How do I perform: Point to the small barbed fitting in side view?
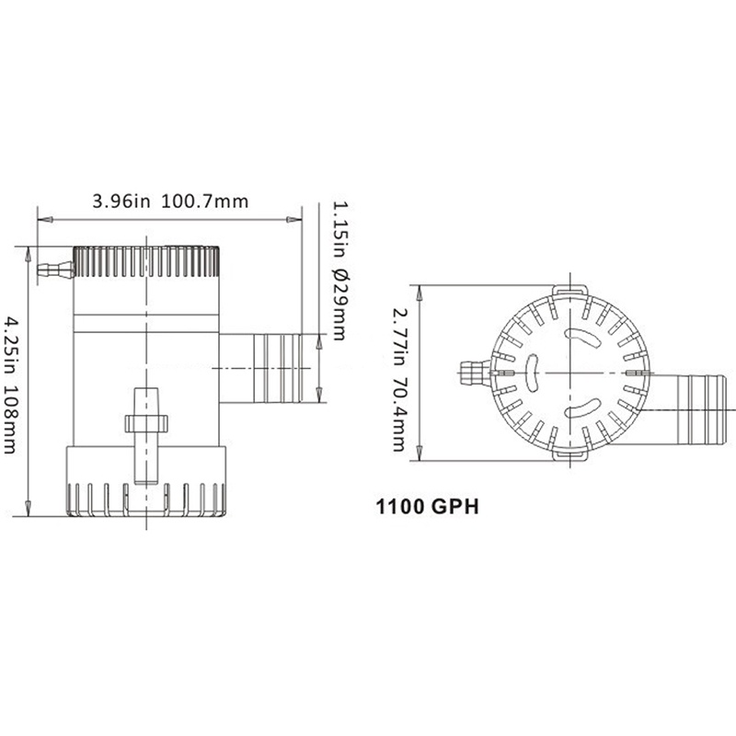tap(54, 270)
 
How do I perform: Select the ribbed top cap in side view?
tap(146, 263)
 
